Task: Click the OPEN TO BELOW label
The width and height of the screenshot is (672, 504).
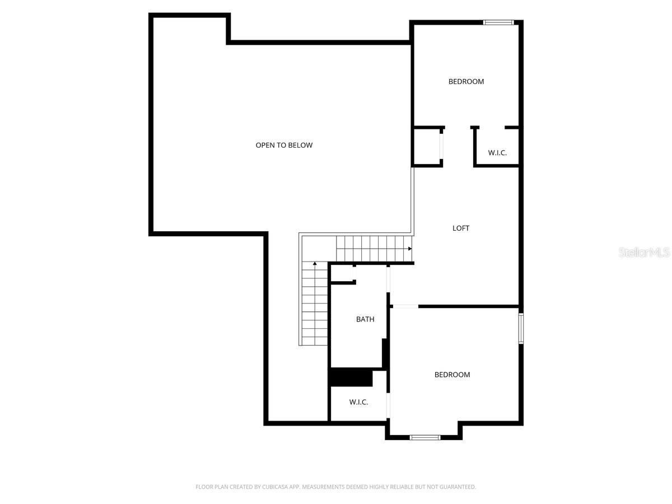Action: pos(284,145)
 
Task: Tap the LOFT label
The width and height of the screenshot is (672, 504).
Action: pos(461,228)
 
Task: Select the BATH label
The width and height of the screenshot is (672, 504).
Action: pos(365,319)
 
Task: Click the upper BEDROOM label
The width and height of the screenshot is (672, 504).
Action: pos(466,81)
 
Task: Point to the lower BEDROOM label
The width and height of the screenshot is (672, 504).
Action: pos(452,375)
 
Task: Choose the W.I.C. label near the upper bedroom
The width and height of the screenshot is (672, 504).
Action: pos(497,153)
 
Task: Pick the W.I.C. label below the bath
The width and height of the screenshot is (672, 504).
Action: pos(358,402)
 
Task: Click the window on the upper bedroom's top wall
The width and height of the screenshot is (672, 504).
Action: pos(498,22)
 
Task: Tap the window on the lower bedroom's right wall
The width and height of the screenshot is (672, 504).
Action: pos(521,328)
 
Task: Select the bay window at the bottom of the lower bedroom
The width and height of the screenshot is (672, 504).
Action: pos(425,437)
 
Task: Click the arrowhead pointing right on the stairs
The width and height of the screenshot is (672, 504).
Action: pos(410,249)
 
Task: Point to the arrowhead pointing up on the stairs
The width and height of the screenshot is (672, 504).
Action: pos(315,263)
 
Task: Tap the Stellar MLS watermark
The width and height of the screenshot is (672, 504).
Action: pos(644,252)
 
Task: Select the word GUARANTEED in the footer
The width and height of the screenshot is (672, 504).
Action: pos(458,487)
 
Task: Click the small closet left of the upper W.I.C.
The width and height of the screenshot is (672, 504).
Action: pos(427,146)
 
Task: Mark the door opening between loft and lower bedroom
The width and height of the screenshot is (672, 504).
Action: pos(405,306)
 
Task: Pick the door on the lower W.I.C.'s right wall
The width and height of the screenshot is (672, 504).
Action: pos(388,405)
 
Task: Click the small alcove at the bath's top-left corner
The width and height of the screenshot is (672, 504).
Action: pos(342,273)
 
